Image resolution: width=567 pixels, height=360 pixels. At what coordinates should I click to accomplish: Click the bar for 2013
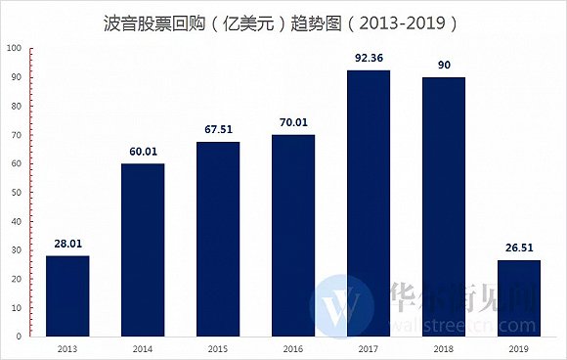[x=67, y=295]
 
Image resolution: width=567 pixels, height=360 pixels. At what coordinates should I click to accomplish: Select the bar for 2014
[x=143, y=249]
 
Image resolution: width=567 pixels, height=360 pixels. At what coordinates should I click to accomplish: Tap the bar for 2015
[x=218, y=239]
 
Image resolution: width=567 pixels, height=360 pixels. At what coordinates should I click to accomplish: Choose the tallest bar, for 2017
[x=369, y=202]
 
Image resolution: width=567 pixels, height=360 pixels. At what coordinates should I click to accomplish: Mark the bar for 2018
[x=444, y=206]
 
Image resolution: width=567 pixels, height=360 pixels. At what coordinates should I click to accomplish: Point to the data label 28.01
[x=67, y=244]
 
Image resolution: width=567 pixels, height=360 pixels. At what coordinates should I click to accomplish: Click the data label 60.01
[x=143, y=151]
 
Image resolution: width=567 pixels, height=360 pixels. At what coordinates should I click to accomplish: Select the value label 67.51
[x=218, y=129]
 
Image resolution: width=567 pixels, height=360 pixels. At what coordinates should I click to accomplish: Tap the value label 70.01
[x=293, y=122]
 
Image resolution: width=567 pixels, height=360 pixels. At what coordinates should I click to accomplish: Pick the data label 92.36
[x=369, y=58]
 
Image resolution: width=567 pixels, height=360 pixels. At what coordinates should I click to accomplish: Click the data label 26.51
[x=519, y=247]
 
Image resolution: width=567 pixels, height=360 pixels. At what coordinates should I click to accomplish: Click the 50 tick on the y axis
[x=15, y=192]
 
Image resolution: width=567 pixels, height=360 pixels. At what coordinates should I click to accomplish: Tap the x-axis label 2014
[x=143, y=347]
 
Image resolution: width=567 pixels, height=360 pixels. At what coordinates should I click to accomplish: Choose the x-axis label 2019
[x=519, y=347]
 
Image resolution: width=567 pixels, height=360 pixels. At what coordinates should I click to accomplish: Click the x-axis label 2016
[x=293, y=347]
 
